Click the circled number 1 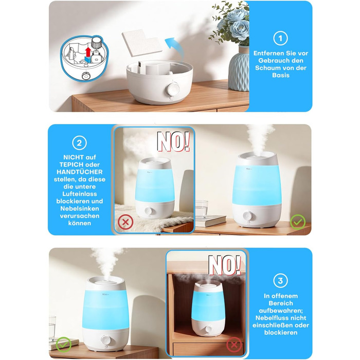click(x=280, y=38)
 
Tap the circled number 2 click(x=79, y=143)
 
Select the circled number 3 click(x=280, y=281)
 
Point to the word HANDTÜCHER click(x=79, y=172)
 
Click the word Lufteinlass click(x=79, y=194)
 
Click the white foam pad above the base click(x=142, y=43)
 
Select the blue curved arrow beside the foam click(x=175, y=48)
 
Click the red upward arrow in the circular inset click(x=88, y=52)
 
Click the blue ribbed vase click(x=239, y=68)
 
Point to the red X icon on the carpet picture click(x=125, y=222)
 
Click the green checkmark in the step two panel click(x=298, y=222)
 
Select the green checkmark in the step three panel click(x=64, y=345)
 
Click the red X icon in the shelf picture click(x=234, y=345)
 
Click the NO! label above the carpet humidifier click(x=173, y=141)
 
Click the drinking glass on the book click(x=202, y=209)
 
